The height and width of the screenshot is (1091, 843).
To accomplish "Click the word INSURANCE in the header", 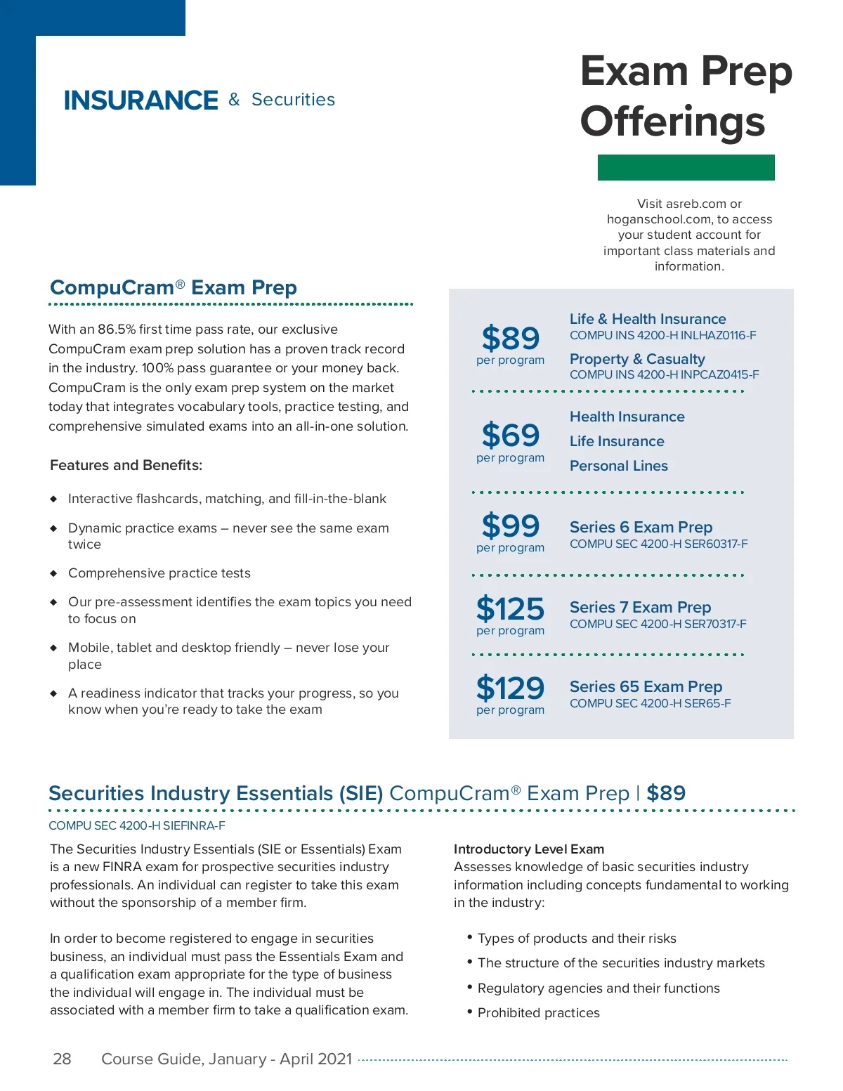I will pos(140,100).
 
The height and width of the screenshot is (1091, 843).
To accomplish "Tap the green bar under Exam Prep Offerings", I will pos(686,167).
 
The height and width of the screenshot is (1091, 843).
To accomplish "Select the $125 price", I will pos(510,608).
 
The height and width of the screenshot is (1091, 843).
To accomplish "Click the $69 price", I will pos(510,435).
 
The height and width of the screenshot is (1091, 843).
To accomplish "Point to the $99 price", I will pos(510,525).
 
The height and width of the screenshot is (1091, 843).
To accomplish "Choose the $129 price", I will pos(510,688).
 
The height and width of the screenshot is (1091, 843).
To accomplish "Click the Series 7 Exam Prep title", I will pos(640,607).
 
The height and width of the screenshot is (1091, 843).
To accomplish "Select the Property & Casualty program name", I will pos(636,359).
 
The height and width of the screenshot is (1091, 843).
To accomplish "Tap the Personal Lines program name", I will pos(618,466).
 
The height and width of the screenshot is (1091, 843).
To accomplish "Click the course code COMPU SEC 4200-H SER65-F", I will pos(650,703).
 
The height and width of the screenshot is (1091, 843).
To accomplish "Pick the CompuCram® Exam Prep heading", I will pos(174,287).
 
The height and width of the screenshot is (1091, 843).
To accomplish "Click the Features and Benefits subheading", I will pos(126,465).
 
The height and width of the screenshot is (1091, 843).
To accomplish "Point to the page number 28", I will pos(62,1059).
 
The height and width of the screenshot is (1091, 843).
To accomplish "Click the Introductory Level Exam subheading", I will pos(528,849).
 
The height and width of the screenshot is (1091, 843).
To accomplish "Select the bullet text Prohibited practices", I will pos(538,1012).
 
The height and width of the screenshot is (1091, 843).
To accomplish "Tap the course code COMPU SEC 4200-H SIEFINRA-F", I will pos(137,825).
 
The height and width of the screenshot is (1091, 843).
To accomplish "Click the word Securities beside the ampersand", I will pos(293,100).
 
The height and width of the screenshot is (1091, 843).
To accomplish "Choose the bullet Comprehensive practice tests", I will pos(159,573).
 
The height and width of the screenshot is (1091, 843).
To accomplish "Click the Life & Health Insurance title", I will pos(647,319).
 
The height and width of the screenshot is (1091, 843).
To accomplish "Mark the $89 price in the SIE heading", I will pos(665,793).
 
